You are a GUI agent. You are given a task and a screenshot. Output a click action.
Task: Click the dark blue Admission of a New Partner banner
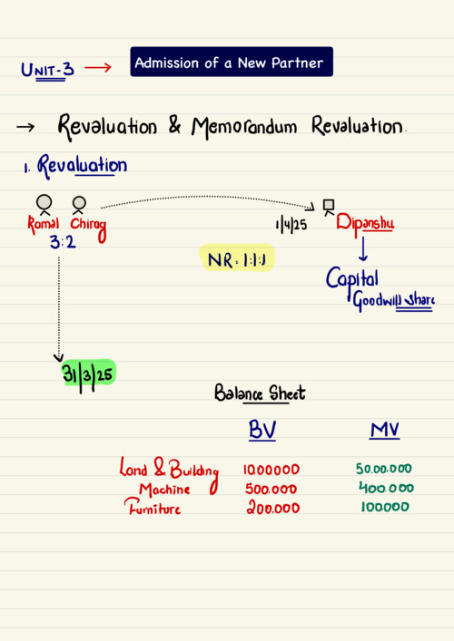point(232,62)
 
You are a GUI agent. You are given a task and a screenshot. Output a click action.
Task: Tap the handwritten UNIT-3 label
point(47,70)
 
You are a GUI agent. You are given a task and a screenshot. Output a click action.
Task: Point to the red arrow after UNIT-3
point(98,67)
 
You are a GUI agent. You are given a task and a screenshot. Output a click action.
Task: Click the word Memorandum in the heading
point(244,127)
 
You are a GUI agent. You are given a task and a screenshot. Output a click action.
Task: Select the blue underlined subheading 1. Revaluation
point(75,166)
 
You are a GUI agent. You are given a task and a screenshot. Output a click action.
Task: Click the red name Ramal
point(44,224)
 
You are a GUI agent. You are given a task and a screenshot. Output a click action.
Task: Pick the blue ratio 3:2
point(63,242)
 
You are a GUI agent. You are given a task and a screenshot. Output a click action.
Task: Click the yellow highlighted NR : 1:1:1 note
point(237,258)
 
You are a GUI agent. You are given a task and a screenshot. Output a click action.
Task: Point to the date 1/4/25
point(291,225)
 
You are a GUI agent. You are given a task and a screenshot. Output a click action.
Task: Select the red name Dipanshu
point(365,224)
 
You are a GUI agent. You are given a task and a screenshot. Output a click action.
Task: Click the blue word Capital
point(352,279)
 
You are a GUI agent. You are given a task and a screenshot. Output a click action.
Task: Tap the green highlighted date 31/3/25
point(88,374)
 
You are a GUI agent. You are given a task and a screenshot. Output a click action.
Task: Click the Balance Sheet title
point(260,393)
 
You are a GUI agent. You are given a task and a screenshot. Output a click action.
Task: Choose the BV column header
point(262,430)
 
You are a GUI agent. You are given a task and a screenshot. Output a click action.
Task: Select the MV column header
point(384,430)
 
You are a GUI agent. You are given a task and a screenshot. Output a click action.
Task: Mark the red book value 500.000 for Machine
point(271,489)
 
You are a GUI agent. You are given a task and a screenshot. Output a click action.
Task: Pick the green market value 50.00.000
point(383,468)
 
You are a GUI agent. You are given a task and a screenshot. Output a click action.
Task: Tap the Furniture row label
point(153,507)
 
